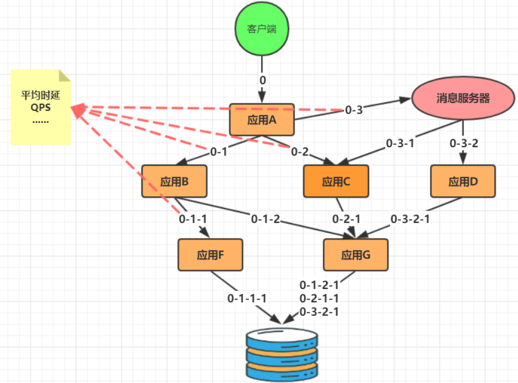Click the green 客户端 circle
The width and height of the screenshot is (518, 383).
[x=262, y=29]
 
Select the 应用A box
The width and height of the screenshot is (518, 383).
[x=262, y=119]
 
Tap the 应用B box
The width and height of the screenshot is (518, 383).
[x=174, y=181]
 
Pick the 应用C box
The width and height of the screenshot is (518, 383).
[x=336, y=181]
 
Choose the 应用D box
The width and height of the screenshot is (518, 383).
[x=463, y=181]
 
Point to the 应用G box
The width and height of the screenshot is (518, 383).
[x=356, y=254]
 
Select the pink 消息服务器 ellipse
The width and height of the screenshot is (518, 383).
[x=463, y=98]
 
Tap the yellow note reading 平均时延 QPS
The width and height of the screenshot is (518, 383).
[x=40, y=108]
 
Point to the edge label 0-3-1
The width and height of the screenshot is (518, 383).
[x=400, y=143]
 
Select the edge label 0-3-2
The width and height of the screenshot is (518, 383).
[x=464, y=143]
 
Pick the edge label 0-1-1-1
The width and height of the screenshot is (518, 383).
[x=247, y=298]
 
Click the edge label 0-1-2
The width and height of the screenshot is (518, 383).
[x=266, y=219]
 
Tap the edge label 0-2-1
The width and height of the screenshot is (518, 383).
[x=347, y=219]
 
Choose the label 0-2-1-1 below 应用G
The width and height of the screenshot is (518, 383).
[x=319, y=299]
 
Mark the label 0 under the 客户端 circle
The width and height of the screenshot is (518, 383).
[x=263, y=80]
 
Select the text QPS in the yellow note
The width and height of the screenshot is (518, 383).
[x=40, y=108]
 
